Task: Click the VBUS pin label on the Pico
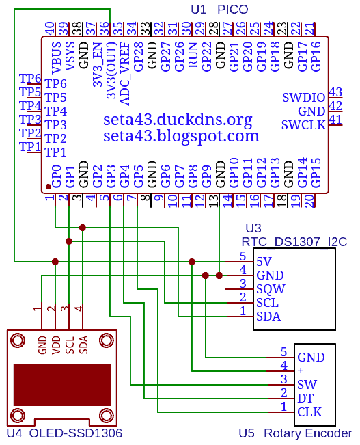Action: coord(57,57)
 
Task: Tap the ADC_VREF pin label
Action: coord(125,74)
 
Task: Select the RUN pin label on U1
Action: coord(193,55)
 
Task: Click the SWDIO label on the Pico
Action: coord(303,98)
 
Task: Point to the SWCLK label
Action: coord(303,125)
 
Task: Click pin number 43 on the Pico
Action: coord(335,92)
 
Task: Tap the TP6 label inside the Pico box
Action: coord(55,84)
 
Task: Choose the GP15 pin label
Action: coord(316,172)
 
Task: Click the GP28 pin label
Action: coord(139,57)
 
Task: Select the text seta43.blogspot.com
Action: coord(181,136)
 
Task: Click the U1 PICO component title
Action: coord(219,10)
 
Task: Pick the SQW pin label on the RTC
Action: coord(271,289)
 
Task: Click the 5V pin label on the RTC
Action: coord(264,262)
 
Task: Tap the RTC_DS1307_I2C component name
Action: coord(294,242)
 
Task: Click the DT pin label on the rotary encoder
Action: coord(305,399)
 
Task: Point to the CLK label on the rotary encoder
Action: coord(309,412)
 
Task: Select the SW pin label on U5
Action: coord(307,385)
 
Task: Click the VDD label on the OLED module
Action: coord(56,345)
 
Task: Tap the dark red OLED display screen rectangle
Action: coord(62,385)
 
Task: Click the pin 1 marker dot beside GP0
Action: coord(49,187)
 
